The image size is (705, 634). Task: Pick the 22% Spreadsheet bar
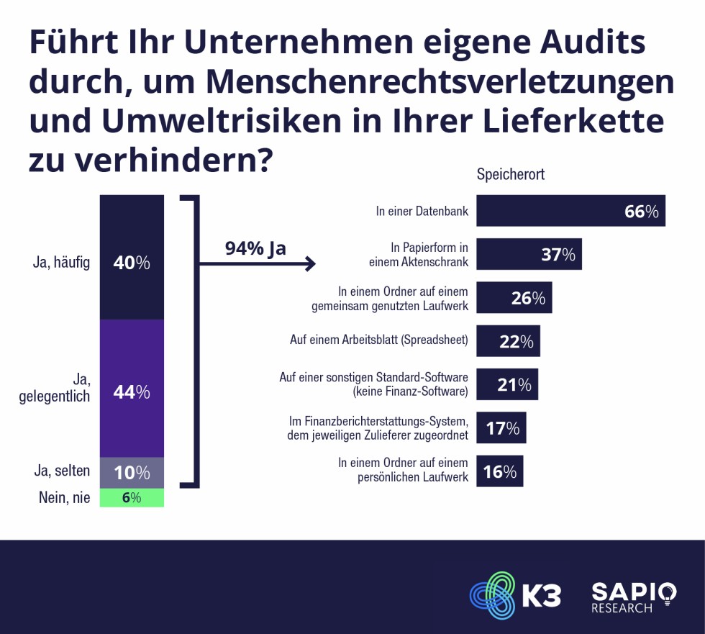pyautogui.click(x=508, y=341)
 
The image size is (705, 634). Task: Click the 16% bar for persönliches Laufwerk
pyautogui.click(x=499, y=471)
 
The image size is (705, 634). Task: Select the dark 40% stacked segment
pyautogui.click(x=132, y=257)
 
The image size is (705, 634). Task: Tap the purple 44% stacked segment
pyautogui.click(x=132, y=389)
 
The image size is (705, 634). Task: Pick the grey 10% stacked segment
pyautogui.click(x=132, y=472)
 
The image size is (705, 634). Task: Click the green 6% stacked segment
pyautogui.click(x=132, y=497)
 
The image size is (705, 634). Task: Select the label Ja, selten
pyautogui.click(x=62, y=472)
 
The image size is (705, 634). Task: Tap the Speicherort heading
pyautogui.click(x=510, y=175)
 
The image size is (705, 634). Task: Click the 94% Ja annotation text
pyautogui.click(x=255, y=248)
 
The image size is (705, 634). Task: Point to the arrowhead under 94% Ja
pyautogui.click(x=311, y=264)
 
